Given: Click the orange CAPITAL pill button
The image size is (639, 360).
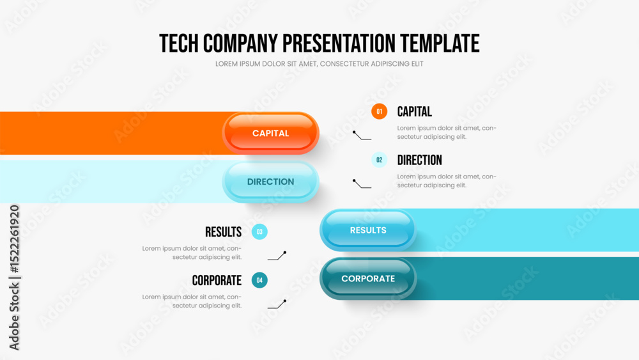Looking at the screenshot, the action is [270, 133].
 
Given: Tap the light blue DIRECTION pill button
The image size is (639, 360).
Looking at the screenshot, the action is [270, 182].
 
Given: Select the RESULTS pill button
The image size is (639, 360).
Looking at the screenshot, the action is [368, 230].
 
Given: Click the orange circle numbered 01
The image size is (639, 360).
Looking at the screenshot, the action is [379, 111].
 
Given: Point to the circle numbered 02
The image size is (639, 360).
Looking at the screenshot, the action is [379, 160].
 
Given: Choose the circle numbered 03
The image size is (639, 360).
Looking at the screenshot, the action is [259, 231].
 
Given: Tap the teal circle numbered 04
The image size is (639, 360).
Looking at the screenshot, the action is [259, 280].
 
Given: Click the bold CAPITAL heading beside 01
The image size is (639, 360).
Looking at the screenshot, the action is [415, 112].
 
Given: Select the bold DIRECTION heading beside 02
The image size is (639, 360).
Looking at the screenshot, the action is [419, 160].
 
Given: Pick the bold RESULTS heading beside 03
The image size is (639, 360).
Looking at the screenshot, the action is [223, 232].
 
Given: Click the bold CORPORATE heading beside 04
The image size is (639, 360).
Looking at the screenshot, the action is [217, 281].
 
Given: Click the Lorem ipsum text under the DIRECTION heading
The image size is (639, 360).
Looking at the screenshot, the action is [447, 180].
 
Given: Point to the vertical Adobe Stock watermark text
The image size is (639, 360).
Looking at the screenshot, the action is [14, 278].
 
